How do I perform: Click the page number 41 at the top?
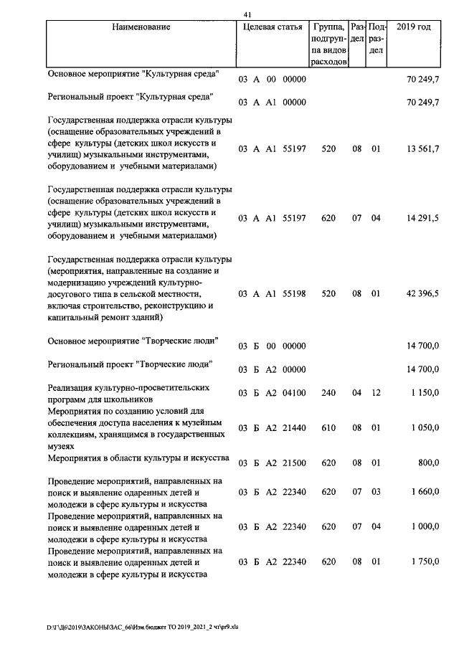click(x=247, y=14)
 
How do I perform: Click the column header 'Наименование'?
click(x=141, y=27)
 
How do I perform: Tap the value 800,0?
click(x=428, y=464)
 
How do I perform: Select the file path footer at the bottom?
click(x=143, y=627)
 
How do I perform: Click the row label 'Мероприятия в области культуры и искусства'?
click(x=138, y=458)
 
